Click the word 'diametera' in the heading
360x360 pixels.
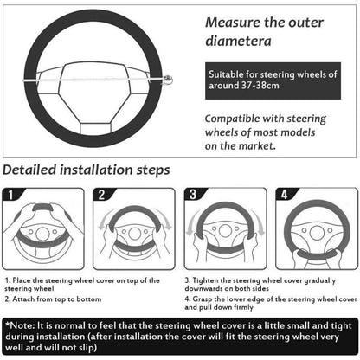coord(238,41)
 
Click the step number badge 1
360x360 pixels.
coord(10,195)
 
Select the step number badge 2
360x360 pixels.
coord(101,195)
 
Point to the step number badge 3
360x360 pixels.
coord(193,195)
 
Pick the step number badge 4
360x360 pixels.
coord(285,195)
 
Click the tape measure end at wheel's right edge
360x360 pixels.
coord(168,80)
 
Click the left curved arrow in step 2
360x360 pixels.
coord(104,219)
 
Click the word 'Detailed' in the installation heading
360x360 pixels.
coord(29,170)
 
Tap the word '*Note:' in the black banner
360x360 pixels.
coord(21,325)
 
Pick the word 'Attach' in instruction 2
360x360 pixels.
coord(23,299)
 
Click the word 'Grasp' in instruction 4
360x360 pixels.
coord(202,299)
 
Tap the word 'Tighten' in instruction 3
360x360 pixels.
coord(205,280)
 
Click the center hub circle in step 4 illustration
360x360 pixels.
coord(317,233)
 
